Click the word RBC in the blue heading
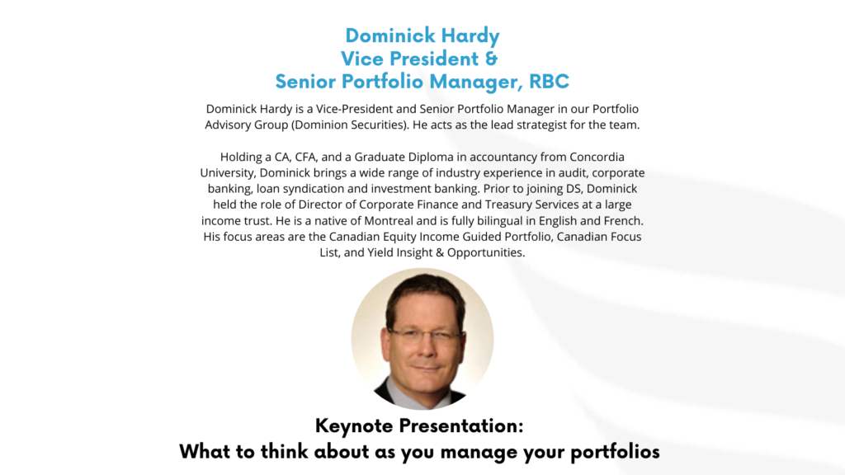tap(549, 82)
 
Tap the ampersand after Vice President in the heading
tap(490, 59)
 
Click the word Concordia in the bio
tap(597, 157)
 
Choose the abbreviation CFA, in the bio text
tap(306, 158)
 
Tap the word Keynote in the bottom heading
tap(354, 426)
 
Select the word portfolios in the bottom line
tap(615, 452)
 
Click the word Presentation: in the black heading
tap(460, 426)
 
